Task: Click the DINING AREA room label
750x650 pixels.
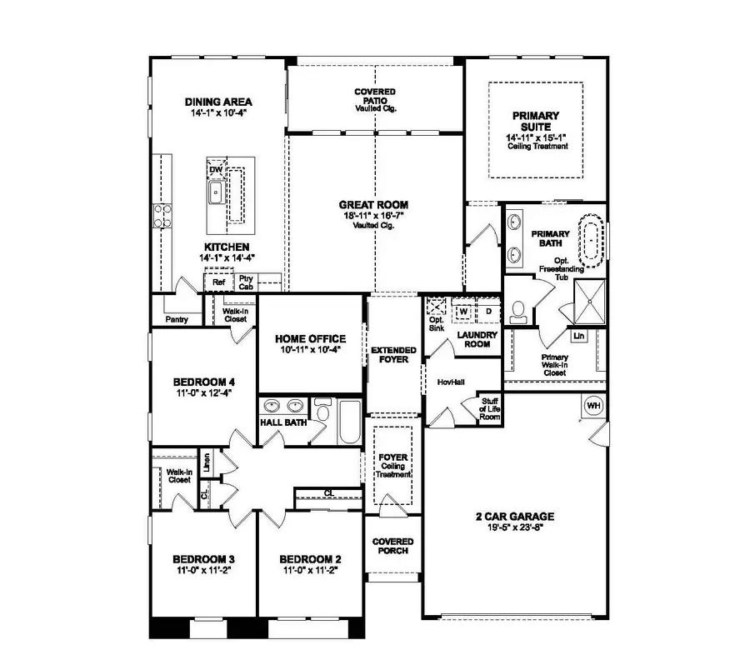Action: click(218, 102)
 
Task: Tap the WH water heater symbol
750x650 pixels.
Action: click(593, 406)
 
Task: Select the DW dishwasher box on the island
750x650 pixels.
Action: click(216, 168)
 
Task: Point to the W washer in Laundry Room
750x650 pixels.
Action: click(464, 312)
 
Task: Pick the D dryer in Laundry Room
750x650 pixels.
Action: click(488, 312)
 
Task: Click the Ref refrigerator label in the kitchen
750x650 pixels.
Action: click(218, 282)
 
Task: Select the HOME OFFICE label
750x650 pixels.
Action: click(310, 338)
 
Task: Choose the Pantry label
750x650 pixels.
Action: click(177, 319)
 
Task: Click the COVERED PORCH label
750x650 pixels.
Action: click(392, 547)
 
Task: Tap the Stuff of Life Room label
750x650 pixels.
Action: click(490, 408)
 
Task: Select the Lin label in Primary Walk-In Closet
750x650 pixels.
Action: click(578, 336)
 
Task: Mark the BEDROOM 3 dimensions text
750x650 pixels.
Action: click(202, 572)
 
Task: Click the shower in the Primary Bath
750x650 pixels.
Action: click(594, 296)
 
